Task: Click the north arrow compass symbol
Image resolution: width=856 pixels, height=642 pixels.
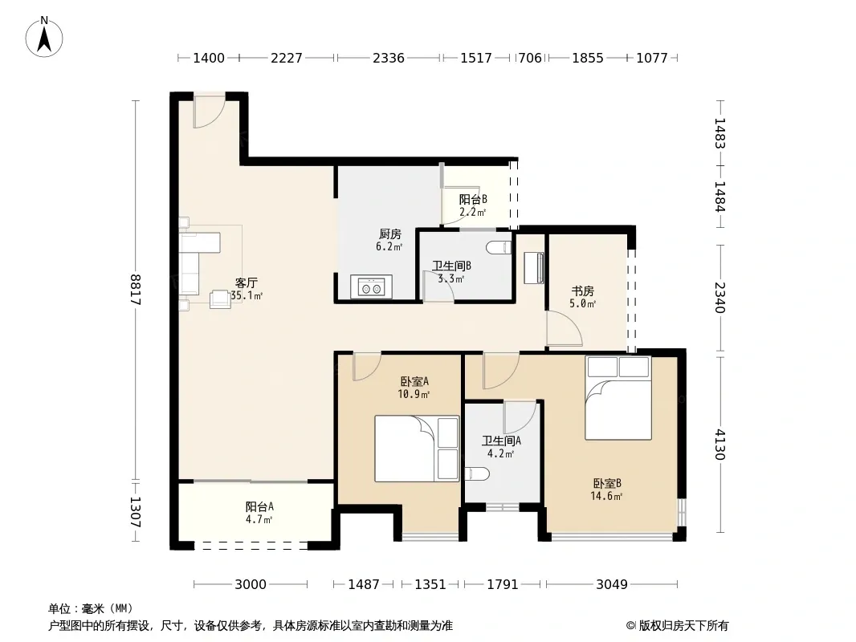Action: click(44, 37)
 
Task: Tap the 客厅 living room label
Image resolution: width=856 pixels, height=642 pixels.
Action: click(247, 282)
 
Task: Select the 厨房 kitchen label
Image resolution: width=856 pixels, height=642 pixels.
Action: click(389, 234)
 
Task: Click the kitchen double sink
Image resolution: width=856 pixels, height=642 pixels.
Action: click(371, 286)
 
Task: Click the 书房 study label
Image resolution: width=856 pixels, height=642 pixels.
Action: click(582, 291)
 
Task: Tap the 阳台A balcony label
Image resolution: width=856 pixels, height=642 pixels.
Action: click(259, 506)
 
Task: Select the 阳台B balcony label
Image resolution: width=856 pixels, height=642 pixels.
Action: click(473, 199)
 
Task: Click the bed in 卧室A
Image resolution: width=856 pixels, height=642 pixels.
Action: click(417, 449)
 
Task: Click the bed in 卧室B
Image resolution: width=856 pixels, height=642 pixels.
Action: click(618, 397)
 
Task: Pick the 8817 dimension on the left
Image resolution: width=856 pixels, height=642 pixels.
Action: click(136, 290)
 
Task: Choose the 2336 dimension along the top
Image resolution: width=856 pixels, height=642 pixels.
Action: click(389, 58)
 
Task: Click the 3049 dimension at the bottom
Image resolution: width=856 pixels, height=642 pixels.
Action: click(611, 584)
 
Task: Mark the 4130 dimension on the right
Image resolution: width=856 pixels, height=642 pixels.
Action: click(720, 445)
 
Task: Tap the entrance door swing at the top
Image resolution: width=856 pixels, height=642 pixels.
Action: click(209, 112)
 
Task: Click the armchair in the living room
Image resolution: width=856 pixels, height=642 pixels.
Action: click(221, 299)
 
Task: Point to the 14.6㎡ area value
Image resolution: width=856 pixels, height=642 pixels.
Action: click(606, 496)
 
